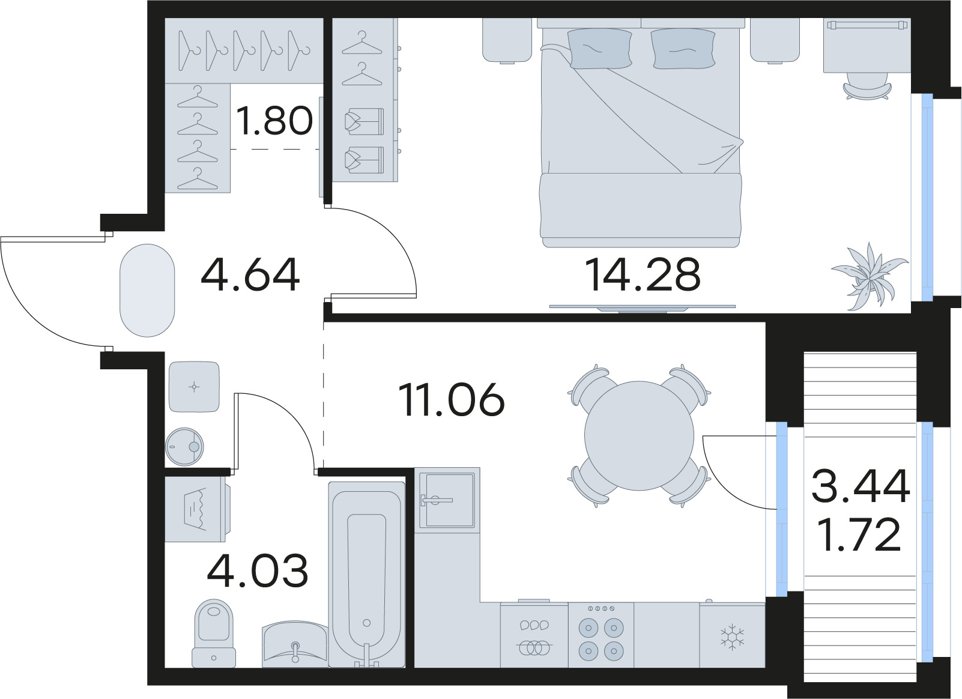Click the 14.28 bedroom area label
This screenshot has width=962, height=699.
coord(642,275)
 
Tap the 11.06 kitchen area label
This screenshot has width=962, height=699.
coord(452,401)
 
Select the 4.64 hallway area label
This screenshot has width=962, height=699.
coord(250,275)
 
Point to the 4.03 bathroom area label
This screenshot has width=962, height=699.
coord(258,571)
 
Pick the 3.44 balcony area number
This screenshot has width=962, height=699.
coord(860,486)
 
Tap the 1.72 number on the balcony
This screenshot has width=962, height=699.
coord(860,535)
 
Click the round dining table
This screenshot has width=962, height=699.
coord(639,435)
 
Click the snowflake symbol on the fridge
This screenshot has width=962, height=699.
coord(732,637)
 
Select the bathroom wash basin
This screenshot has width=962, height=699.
coord(295,645)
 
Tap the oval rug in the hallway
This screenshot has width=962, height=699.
coord(147,290)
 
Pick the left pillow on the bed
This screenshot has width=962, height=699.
coord(599,49)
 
